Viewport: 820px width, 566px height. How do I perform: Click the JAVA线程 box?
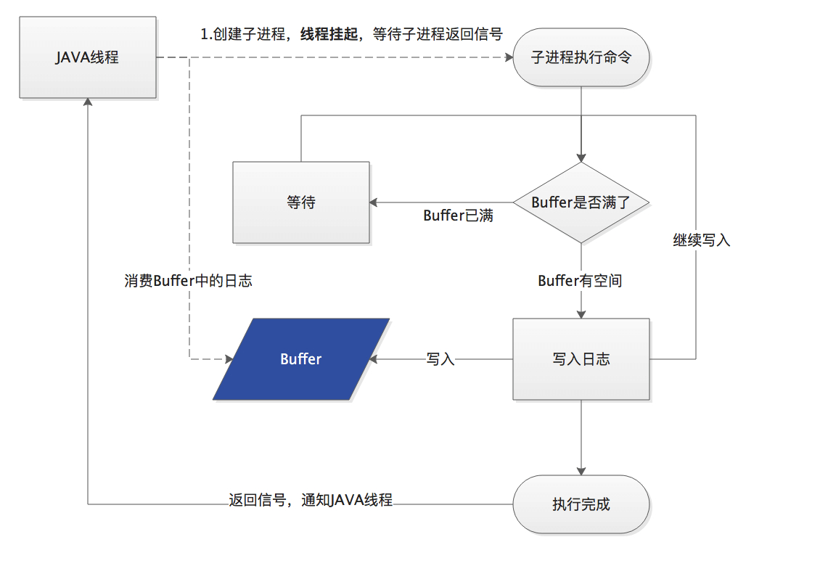[88, 57]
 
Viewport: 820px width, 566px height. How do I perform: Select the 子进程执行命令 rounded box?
[581, 57]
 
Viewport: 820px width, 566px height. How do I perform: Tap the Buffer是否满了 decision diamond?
[581, 202]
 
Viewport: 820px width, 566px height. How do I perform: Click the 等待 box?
[301, 202]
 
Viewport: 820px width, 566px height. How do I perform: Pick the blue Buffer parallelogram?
[301, 359]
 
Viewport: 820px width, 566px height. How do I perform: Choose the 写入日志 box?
[581, 359]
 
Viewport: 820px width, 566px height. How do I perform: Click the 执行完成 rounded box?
[581, 504]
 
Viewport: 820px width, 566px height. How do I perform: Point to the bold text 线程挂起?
[329, 35]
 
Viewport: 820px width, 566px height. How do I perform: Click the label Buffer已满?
[458, 216]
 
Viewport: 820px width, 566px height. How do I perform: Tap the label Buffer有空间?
[580, 281]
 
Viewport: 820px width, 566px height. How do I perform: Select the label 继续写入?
[701, 241]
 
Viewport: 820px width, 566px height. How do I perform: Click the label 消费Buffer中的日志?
[188, 281]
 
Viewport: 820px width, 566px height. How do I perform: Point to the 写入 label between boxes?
[440, 359]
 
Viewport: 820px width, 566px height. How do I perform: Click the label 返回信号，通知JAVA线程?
[311, 500]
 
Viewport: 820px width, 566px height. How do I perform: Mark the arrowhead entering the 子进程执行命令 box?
[509, 57]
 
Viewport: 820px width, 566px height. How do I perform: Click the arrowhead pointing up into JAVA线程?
[88, 102]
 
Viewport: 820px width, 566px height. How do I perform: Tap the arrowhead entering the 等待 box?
[374, 202]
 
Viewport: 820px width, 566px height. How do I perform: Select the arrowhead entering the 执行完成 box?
[581, 472]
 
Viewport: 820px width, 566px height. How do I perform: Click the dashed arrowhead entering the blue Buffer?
[229, 359]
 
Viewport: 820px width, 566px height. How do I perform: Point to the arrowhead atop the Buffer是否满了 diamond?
[581, 158]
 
